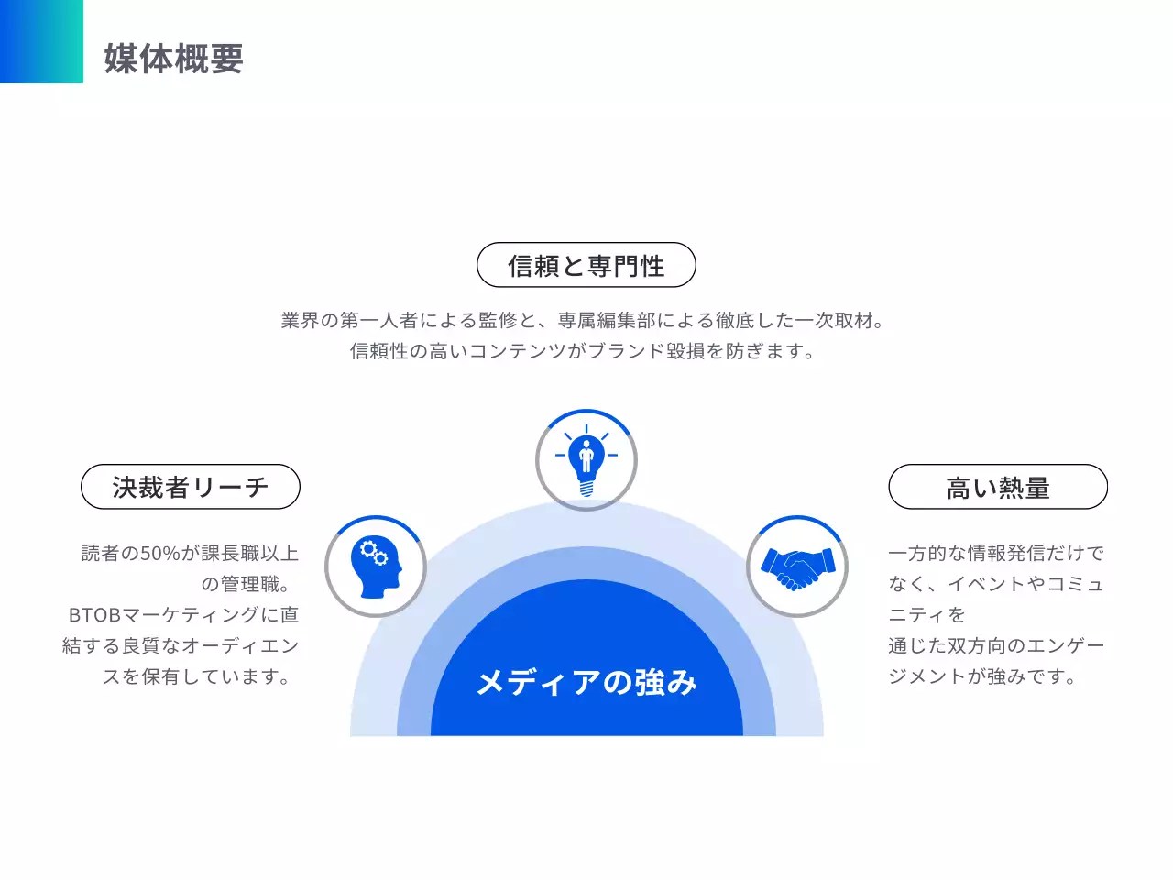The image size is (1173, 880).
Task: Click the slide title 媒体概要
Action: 173,59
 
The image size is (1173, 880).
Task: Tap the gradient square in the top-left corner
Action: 41,41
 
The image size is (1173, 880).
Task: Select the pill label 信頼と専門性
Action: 586,266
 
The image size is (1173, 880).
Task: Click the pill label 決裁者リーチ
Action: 191,487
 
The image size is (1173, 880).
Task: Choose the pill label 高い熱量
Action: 998,487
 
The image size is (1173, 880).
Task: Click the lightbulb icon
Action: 586,459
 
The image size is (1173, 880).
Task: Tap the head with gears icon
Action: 376,566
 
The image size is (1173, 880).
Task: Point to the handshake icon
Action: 797,566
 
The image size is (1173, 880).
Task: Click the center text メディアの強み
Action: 586,682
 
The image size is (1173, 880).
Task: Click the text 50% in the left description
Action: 160,553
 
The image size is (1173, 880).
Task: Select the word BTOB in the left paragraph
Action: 95,614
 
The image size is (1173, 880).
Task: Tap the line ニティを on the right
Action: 926,614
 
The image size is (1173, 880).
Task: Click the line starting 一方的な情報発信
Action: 996,553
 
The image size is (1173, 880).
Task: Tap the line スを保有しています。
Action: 199,676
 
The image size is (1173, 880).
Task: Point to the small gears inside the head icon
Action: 373,553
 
